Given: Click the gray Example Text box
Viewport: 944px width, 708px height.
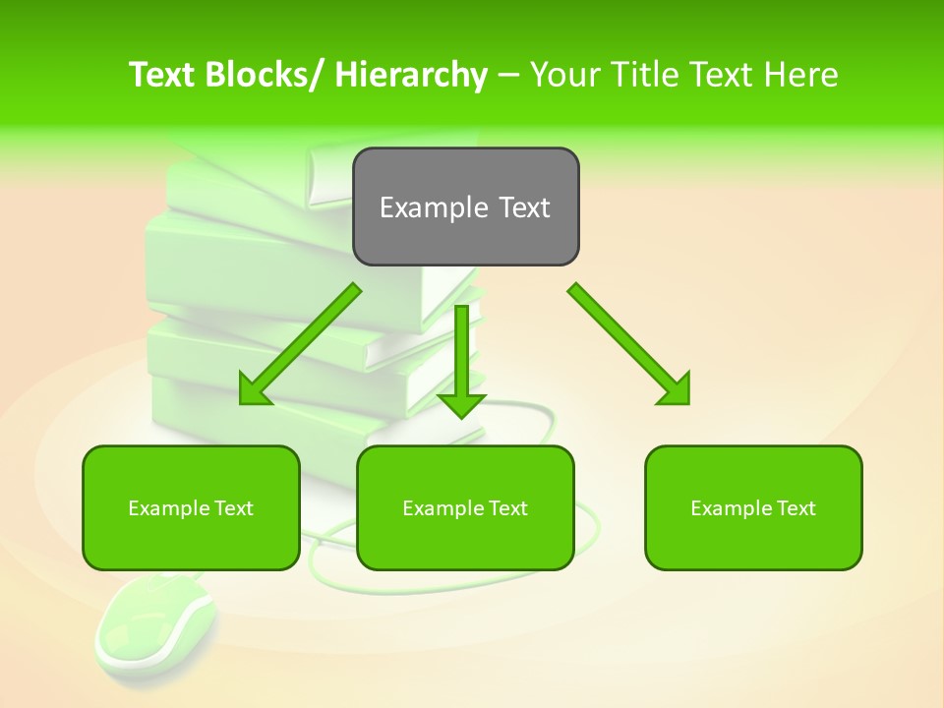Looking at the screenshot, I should point(465,206).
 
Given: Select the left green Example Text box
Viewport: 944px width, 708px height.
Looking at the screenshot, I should point(191,507).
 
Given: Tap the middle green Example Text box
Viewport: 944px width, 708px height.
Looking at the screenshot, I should point(465,507).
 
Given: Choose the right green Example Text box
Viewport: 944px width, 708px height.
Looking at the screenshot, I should point(753,507).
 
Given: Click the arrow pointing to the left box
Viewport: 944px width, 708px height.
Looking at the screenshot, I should point(300,344).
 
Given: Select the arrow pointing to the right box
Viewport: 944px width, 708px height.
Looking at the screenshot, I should point(629,344).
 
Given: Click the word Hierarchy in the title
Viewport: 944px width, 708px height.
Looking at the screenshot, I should point(411,75).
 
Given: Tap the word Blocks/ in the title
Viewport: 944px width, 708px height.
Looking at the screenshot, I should point(265,75).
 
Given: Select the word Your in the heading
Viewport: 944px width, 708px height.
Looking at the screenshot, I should point(565,75).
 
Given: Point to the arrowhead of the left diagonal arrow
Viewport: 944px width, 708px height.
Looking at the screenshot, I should point(256,390).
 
